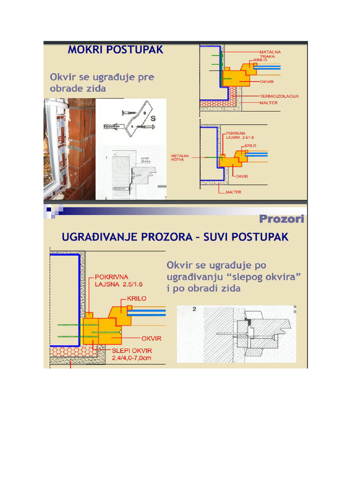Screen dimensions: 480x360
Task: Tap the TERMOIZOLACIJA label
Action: (x=279, y=96)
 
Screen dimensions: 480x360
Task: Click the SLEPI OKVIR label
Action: (x=132, y=350)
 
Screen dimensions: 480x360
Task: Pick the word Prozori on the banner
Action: (x=281, y=219)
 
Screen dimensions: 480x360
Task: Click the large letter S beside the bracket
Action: (x=153, y=119)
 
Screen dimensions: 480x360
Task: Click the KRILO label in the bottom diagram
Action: (x=136, y=298)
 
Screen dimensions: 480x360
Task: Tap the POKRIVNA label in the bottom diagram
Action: (x=112, y=277)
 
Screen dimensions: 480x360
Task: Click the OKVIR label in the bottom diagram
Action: (x=151, y=338)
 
